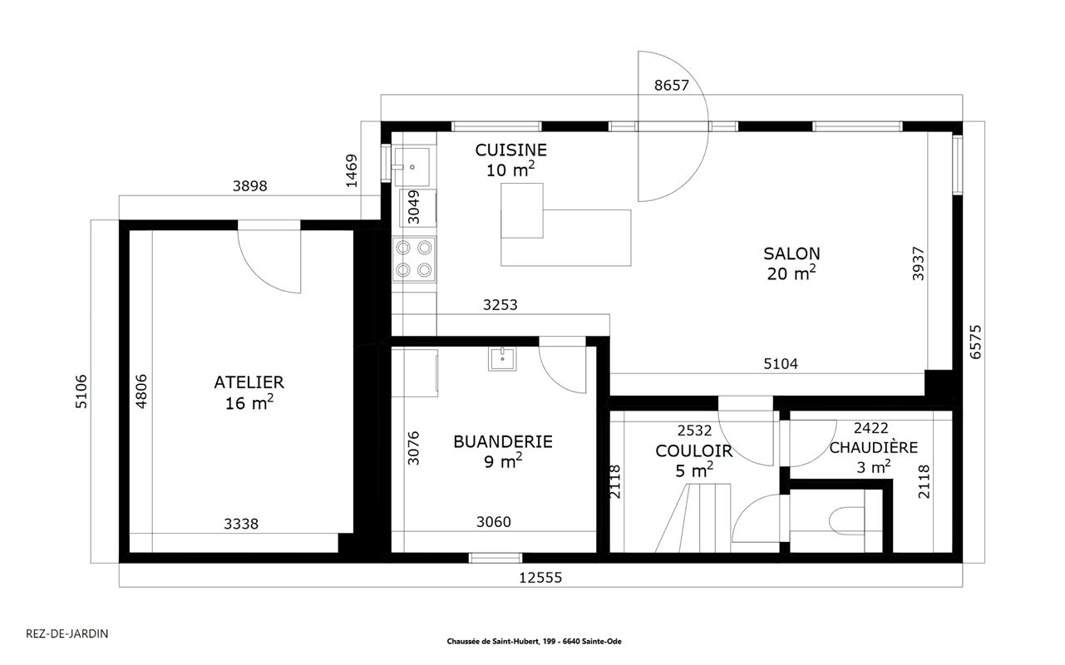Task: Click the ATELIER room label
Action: [249, 382]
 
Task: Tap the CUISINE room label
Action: [511, 150]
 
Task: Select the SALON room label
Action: [791, 254]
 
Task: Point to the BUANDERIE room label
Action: [503, 442]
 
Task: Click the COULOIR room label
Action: [693, 451]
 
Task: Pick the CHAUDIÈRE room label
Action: [874, 447]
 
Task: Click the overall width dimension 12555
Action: [540, 578]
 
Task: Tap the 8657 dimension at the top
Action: [671, 86]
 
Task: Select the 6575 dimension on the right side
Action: [975, 342]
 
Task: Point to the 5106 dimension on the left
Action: [81, 392]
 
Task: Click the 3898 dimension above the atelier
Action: [249, 186]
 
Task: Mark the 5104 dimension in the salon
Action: [781, 364]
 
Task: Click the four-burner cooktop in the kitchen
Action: [414, 259]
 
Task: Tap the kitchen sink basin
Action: [412, 167]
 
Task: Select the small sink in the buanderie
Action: [502, 359]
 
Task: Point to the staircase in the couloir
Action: [693, 518]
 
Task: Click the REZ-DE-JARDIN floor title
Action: [67, 633]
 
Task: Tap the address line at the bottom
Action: [534, 641]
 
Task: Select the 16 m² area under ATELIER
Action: [249, 402]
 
